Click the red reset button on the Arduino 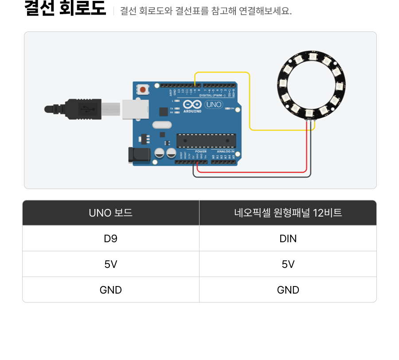tap(142, 89)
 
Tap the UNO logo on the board tap(214, 105)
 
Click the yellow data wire tap(250, 102)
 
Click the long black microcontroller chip tap(205, 140)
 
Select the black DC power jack tap(137, 154)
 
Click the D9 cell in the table tap(111, 239)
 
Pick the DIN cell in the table tap(288, 239)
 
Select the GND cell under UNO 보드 tap(111, 290)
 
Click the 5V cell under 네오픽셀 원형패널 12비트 tap(288, 264)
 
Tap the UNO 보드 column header tap(111, 213)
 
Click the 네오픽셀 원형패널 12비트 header tap(288, 213)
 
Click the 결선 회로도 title tap(65, 9)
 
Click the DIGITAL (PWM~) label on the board tap(212, 95)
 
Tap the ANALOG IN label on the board tap(226, 151)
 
